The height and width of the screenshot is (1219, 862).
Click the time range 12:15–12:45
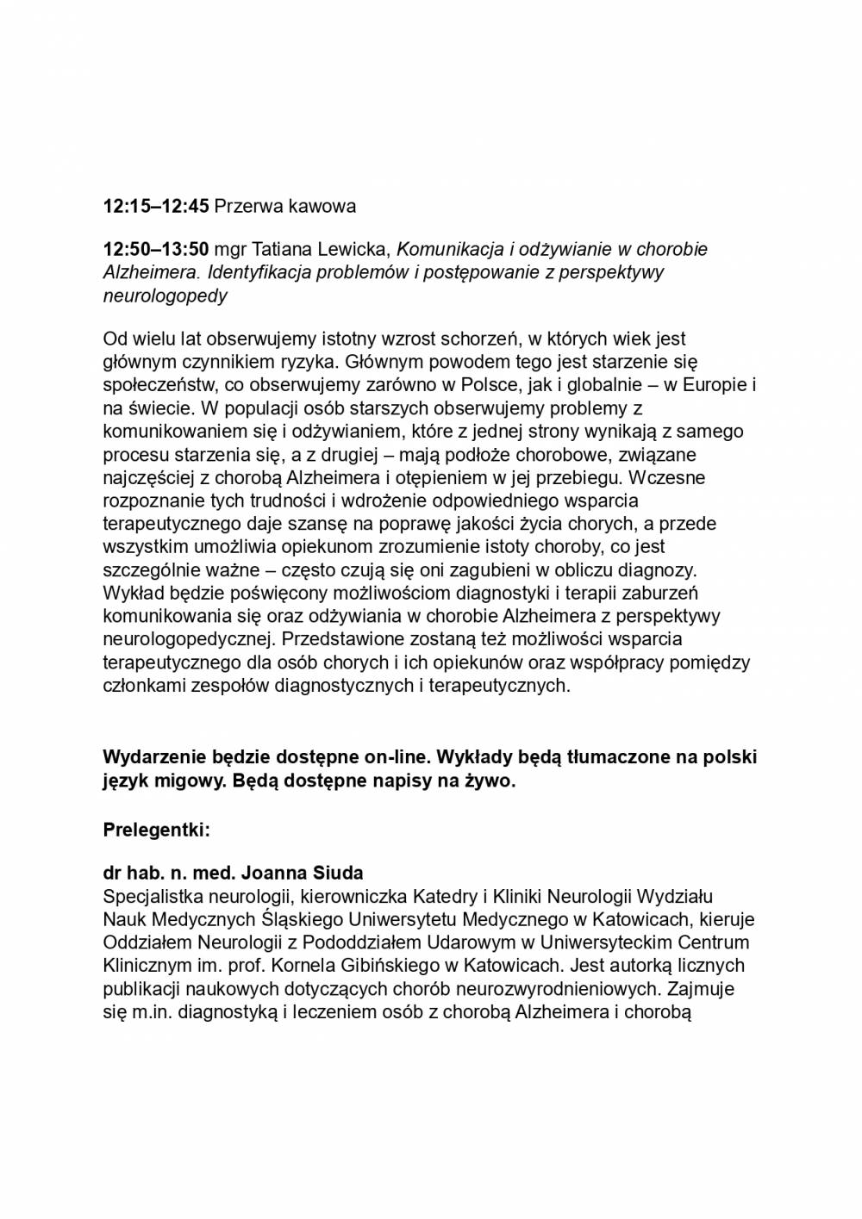[x=156, y=207]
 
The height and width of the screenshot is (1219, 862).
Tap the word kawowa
[x=322, y=207]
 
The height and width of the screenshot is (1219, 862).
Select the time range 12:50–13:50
[x=156, y=250]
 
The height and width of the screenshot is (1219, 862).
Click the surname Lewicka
[x=354, y=250]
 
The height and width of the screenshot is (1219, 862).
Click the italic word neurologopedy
[x=166, y=296]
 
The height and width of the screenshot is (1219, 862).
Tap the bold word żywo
[x=490, y=781]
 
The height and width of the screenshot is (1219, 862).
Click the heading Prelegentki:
[x=157, y=830]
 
